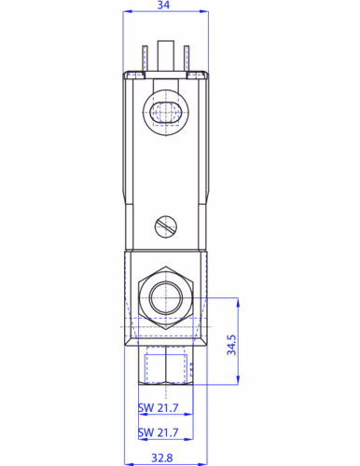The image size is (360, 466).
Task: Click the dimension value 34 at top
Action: tap(163, 5)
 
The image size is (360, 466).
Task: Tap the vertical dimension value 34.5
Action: tap(231, 345)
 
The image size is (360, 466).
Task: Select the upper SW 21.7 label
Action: tap(159, 407)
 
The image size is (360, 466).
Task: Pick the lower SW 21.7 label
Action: tap(159, 432)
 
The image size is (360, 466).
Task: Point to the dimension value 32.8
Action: tap(162, 458)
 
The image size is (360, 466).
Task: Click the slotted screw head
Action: tap(166, 226)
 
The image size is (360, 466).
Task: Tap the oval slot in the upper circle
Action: tap(166, 112)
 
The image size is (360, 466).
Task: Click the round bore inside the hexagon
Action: tap(166, 298)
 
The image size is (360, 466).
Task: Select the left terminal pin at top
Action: tap(145, 59)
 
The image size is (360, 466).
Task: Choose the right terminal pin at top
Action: tap(187, 59)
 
